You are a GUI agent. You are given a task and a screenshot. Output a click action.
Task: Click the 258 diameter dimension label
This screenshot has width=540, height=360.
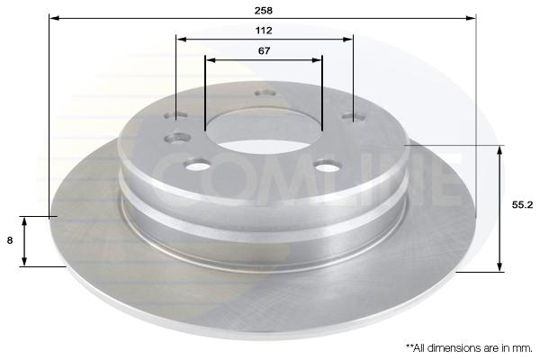pyautogui.click(x=264, y=10)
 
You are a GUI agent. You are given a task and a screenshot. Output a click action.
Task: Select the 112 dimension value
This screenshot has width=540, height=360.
pyautogui.click(x=264, y=31)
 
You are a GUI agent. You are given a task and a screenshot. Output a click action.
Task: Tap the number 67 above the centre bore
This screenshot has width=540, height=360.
pyautogui.click(x=264, y=50)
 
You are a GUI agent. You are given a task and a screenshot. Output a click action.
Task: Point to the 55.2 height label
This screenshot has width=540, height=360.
pyautogui.click(x=522, y=204)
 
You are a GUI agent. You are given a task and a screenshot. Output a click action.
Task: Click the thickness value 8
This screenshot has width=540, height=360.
pyautogui.click(x=10, y=240)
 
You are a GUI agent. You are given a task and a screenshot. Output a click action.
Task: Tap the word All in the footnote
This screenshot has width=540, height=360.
pyautogui.click(x=421, y=348)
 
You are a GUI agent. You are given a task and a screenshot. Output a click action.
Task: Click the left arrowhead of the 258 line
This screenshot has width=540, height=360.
pyautogui.click(x=54, y=18)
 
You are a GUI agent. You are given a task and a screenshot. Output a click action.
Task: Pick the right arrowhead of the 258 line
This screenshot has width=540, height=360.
pyautogui.click(x=471, y=18)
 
